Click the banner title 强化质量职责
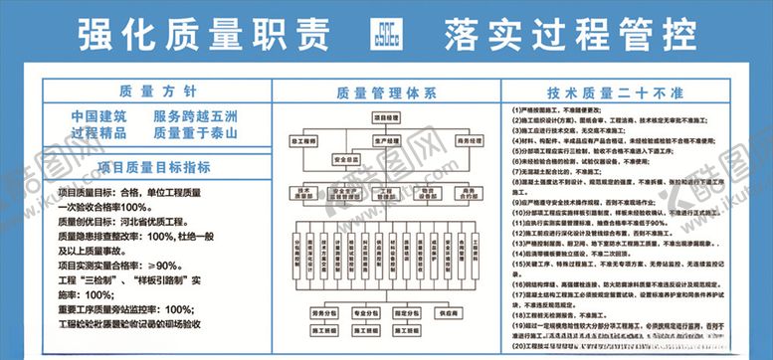[x=203, y=35]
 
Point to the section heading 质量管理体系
[x=386, y=92]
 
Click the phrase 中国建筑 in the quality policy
[x=98, y=116]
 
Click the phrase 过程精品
[x=98, y=133]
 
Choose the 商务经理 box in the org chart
[x=468, y=142]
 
